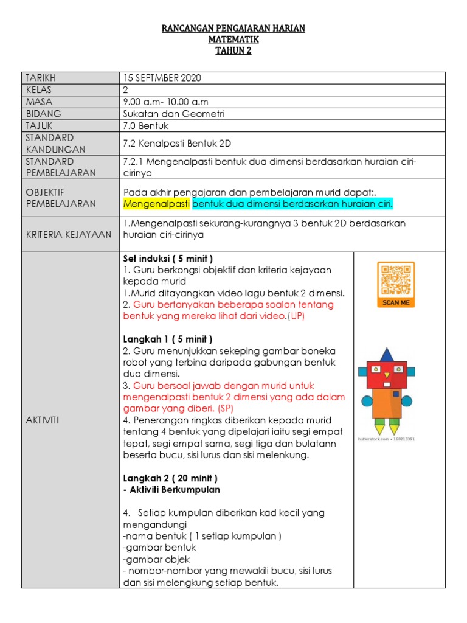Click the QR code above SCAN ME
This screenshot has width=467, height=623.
[x=396, y=280]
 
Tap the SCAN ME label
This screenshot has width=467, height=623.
[x=396, y=302]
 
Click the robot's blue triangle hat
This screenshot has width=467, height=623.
[x=387, y=355]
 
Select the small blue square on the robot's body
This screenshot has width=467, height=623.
[x=396, y=394]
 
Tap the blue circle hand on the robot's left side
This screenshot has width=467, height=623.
[x=367, y=401]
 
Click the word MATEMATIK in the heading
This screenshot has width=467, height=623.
[x=233, y=40]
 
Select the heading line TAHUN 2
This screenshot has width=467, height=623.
[x=233, y=50]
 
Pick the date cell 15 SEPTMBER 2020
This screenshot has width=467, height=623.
[x=162, y=78]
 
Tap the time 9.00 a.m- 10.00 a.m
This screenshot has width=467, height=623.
[x=165, y=102]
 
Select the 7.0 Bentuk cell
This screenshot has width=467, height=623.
[x=145, y=126]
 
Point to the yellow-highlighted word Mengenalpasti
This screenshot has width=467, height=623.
[x=157, y=203]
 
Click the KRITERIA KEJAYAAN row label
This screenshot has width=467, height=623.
[x=69, y=235]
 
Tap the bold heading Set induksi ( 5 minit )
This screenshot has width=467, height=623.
[x=168, y=259]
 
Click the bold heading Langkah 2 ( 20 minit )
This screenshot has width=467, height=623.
[x=170, y=478]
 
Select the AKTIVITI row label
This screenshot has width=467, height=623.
[x=42, y=420]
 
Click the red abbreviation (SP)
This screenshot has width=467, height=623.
[x=210, y=409]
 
